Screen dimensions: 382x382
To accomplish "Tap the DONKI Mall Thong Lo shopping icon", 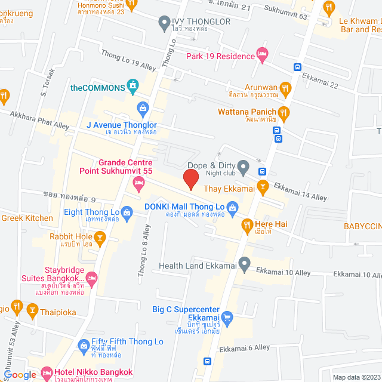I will coord(233,208).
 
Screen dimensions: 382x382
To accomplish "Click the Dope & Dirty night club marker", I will coord(243,165).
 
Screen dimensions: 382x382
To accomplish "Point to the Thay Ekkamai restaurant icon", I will coord(262,187).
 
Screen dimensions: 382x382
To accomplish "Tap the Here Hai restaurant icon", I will coord(245,224).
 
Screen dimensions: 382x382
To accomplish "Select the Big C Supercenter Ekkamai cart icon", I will coord(227,317).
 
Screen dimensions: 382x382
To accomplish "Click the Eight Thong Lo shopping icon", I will coord(127,212).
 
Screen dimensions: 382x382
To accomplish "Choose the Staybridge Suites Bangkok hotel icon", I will coord(92,278).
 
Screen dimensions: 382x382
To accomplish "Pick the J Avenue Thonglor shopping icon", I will coord(143,108).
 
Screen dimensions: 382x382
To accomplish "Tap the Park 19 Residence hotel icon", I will coord(262,56).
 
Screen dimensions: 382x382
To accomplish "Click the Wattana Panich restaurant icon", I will coord(284,112).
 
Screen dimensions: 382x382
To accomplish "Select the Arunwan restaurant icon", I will coord(286,90).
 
